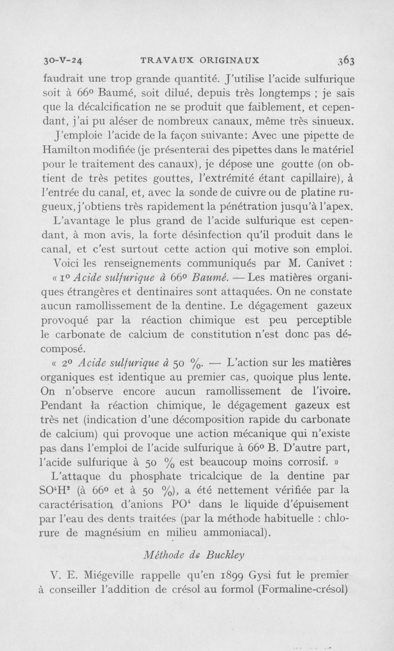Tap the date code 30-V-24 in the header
coord(62,61)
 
